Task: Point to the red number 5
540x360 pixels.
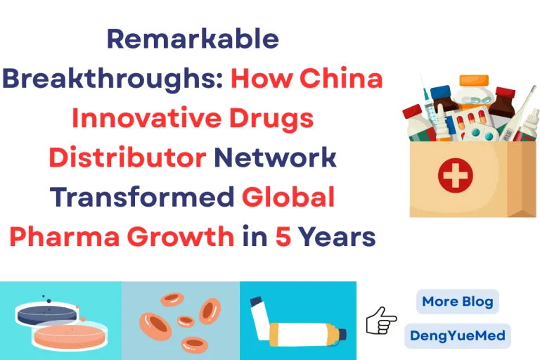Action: click(x=282, y=238)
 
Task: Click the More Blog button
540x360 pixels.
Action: click(x=457, y=302)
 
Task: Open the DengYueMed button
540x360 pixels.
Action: click(x=458, y=335)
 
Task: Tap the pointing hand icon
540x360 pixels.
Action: click(x=382, y=321)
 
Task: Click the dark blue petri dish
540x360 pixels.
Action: click(x=47, y=314)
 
